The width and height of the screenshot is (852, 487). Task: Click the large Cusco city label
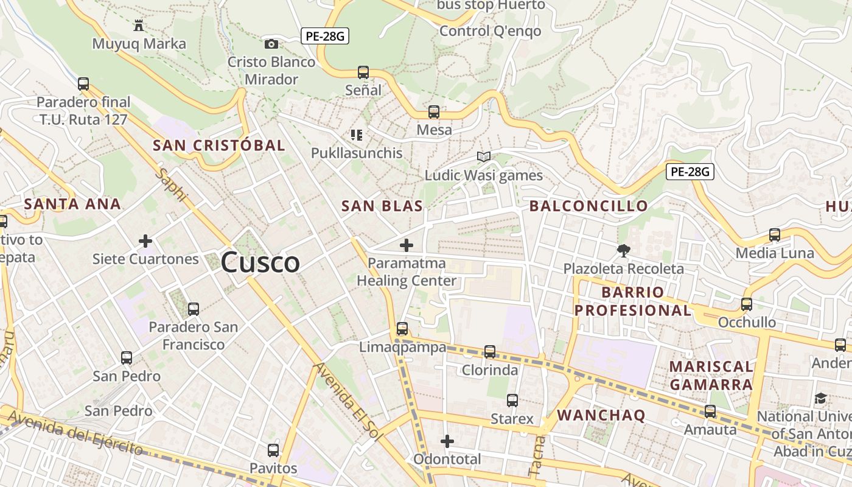point(260,262)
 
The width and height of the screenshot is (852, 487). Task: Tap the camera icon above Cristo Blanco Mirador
point(271,44)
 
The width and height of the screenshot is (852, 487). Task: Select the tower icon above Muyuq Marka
point(139,26)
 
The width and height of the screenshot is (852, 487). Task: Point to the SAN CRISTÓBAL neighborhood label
point(218,145)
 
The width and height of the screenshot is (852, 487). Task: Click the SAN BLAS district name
point(382,206)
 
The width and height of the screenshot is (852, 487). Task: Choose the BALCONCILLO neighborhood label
point(588,206)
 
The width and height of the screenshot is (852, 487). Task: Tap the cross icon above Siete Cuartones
point(145,241)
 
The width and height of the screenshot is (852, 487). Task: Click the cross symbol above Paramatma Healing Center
point(407,245)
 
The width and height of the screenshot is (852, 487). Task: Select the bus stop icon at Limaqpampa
point(402,329)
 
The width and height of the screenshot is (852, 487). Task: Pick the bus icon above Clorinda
point(490,352)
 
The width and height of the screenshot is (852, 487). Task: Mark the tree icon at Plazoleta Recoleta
point(623,250)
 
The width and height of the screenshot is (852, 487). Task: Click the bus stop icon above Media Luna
point(775,234)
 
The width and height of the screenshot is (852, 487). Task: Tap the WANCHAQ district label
point(601,415)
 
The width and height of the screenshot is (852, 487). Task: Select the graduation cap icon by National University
point(821,399)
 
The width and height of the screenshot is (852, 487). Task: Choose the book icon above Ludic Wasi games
point(484,157)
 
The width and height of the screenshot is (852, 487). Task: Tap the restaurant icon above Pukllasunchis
point(357,135)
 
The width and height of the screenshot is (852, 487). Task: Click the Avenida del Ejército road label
point(76,433)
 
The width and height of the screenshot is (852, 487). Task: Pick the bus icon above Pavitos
point(273,450)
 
